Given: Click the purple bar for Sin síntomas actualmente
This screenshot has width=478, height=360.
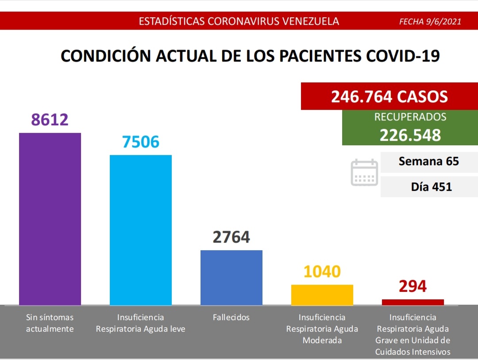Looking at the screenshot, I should point(50,219).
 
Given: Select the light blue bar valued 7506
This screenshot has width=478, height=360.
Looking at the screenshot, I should point(141,230).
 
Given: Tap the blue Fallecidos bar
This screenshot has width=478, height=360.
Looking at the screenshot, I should point(231,278).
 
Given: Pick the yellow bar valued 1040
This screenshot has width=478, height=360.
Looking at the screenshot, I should point(322,295).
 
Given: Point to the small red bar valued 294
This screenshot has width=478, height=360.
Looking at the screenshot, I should point(413,302).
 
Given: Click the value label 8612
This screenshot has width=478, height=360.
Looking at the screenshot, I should point(50,119).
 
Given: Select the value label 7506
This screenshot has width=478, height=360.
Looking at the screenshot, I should point(140,142).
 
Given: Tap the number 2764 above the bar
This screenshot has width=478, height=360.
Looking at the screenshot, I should point(231,237).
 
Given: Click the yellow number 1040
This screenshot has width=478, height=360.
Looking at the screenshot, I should point(322,271).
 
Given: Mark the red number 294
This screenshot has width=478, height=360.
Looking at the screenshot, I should point(413,286).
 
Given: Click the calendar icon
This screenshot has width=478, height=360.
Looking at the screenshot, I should point(364,173).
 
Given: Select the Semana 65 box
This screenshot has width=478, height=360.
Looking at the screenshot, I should point(429,162).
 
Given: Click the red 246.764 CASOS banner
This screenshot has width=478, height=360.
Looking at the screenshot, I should point(389,96).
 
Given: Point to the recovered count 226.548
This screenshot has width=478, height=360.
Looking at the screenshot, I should point(410,135).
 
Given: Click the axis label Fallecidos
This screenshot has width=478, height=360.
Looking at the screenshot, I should point(231,317).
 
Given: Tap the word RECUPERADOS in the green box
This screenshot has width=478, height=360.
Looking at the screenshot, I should point(410,117).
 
